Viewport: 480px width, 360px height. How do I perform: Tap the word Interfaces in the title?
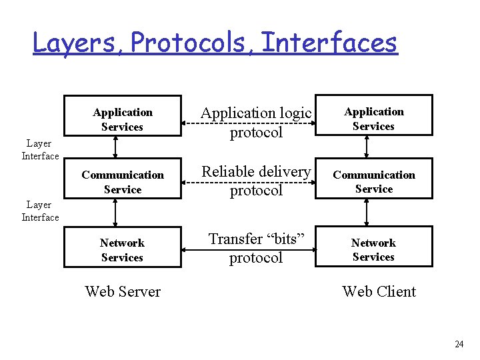[x=329, y=43]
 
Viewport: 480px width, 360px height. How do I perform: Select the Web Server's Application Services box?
[x=123, y=119]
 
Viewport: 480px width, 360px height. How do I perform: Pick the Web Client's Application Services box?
[x=373, y=119]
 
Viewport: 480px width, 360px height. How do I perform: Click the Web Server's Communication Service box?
[x=123, y=182]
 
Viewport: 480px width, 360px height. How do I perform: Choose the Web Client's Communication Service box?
[x=373, y=181]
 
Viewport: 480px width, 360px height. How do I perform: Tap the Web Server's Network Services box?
[x=123, y=250]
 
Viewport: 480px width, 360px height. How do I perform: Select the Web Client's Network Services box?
[x=373, y=249]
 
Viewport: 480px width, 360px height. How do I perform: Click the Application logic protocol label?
[x=256, y=123]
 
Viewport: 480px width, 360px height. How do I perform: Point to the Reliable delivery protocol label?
[x=256, y=181]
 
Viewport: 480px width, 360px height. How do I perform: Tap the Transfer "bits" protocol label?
[x=256, y=248]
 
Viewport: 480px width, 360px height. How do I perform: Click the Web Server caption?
[x=123, y=291]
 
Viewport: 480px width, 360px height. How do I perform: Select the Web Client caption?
[x=379, y=291]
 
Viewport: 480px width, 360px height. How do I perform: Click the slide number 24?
[x=459, y=344]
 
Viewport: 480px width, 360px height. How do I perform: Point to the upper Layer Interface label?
[x=40, y=150]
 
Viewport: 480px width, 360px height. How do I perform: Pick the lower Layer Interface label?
[x=40, y=211]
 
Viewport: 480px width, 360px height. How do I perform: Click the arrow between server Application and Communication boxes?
[x=115, y=148]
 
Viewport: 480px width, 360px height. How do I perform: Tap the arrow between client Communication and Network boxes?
[x=366, y=212]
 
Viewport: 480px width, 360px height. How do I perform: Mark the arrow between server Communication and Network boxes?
[x=115, y=213]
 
